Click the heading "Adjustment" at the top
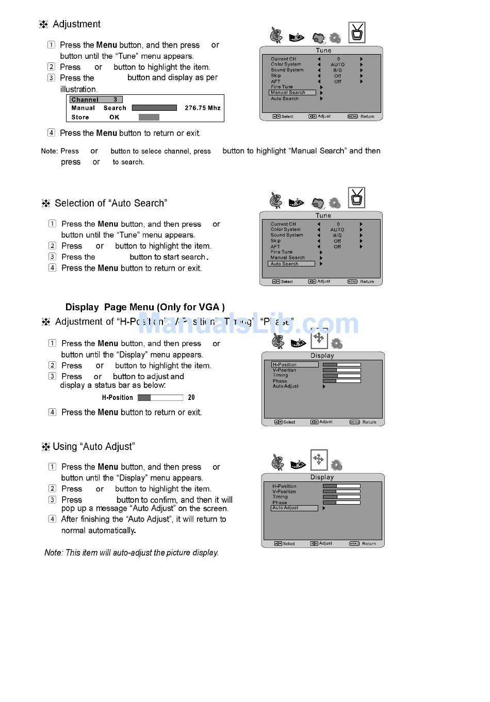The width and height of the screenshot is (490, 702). [76, 24]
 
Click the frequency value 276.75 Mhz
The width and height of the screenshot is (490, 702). [202, 108]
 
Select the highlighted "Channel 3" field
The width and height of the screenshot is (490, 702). [96, 99]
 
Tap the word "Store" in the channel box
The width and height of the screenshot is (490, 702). [80, 118]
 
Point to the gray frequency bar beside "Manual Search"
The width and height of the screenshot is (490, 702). [154, 108]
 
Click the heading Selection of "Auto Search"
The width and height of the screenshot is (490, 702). [111, 204]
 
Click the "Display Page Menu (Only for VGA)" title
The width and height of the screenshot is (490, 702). [145, 307]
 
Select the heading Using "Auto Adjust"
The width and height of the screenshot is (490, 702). [93, 447]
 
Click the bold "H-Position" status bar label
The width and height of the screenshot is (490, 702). [117, 398]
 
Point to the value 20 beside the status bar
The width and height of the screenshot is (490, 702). [191, 397]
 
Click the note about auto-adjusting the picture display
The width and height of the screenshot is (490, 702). [132, 553]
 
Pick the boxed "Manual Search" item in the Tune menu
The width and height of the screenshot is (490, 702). [292, 93]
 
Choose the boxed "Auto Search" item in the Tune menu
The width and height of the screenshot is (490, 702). [291, 264]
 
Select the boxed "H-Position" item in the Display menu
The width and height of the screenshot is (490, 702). [295, 364]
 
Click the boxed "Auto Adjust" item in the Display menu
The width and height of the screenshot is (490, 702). [294, 508]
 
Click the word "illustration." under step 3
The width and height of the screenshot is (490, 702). [78, 89]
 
